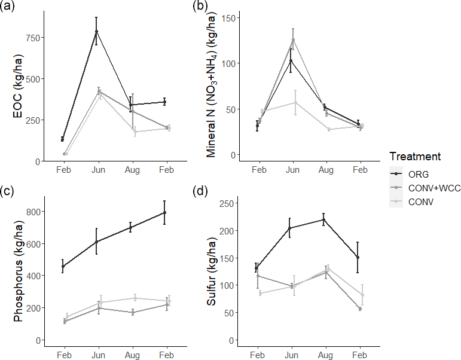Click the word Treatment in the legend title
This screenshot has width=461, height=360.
(x=415, y=157)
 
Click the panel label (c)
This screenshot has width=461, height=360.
(x=10, y=191)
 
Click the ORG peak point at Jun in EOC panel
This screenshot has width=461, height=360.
(x=96, y=31)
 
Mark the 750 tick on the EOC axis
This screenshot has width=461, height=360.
(x=32, y=38)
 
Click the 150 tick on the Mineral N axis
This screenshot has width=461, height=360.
(x=227, y=18)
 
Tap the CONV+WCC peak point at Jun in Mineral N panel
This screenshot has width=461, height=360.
(x=292, y=40)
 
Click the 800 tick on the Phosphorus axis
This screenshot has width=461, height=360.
(x=32, y=212)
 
